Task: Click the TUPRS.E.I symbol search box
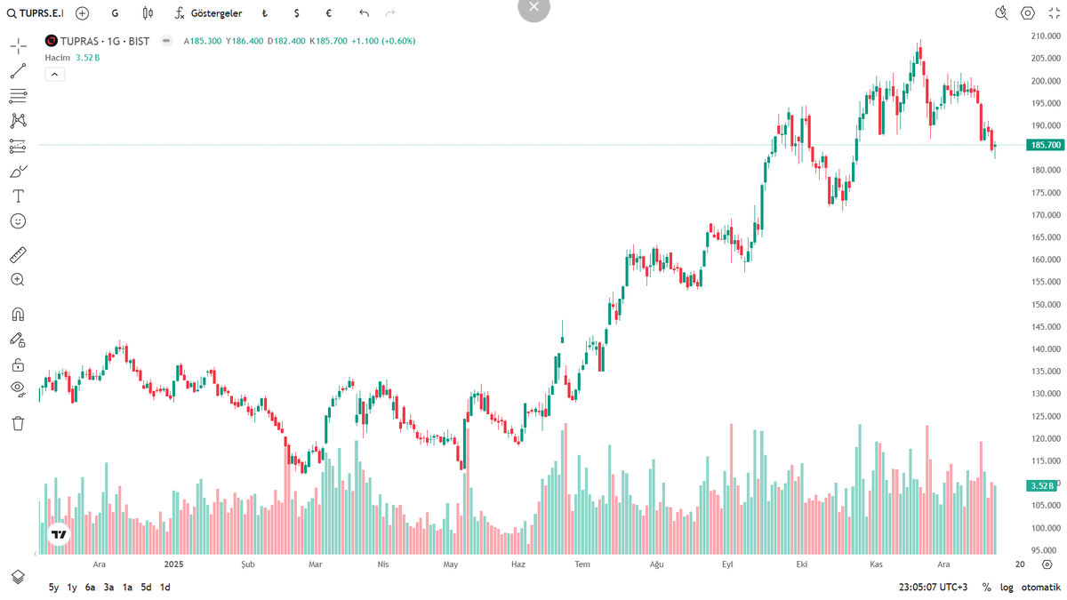pos(37,13)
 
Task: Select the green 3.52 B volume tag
pos(1041,485)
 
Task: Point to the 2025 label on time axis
pos(173,564)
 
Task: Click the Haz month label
pos(518,564)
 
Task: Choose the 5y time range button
pos(53,587)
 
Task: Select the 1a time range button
pos(127,587)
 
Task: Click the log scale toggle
pos(1007,587)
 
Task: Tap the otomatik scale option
pos(1040,587)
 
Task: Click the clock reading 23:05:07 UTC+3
pos(933,587)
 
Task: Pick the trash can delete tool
pos(18,423)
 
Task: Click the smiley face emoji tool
pos(18,220)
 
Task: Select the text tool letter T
pos(18,196)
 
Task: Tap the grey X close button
pos(533,7)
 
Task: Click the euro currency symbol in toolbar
pos(329,13)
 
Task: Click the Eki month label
pos(801,564)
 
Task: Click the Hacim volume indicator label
pos(58,57)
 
